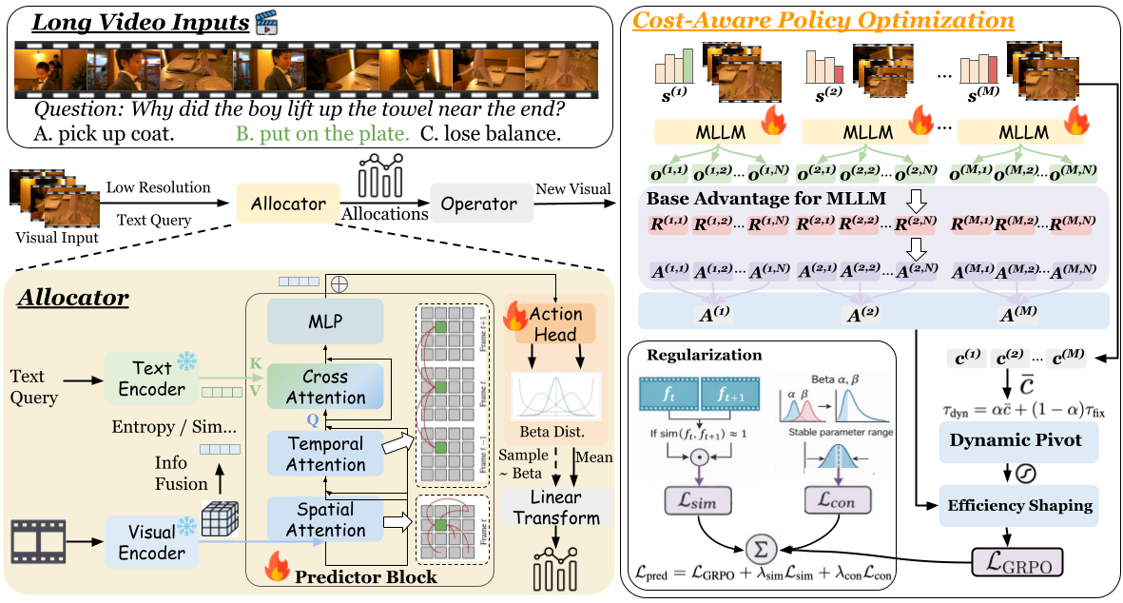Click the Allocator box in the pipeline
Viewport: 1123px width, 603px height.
coord(289,204)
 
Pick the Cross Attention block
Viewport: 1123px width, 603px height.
coord(325,387)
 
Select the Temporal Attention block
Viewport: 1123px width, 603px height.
coord(325,454)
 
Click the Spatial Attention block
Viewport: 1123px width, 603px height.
coord(325,519)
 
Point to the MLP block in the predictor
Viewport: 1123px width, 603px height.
coord(325,322)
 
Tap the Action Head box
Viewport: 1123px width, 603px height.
coord(556,323)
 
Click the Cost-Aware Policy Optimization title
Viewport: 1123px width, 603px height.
coord(823,20)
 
